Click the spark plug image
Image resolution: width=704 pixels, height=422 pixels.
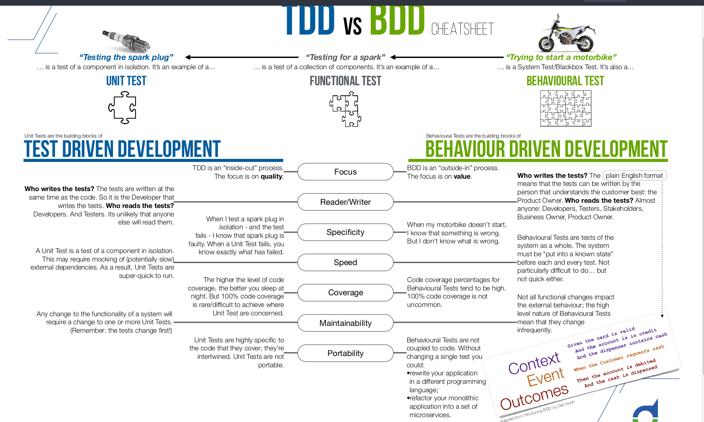coord(126,41)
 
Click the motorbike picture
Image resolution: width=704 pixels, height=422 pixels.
coord(567,33)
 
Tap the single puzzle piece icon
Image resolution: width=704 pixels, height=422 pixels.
coord(122,107)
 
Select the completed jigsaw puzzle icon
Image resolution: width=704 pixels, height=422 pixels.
coord(566,108)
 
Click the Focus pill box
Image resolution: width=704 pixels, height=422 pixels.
coord(346,172)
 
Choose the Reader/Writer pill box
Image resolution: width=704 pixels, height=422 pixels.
coord(346,202)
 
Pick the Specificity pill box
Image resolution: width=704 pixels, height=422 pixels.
coord(346,232)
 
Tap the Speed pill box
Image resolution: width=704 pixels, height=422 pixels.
coord(346,262)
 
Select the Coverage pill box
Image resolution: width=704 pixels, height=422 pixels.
coord(346,292)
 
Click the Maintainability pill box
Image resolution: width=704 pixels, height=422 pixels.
coord(346,323)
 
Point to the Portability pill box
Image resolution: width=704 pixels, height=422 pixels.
coord(346,353)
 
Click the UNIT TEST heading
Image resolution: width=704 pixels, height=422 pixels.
coord(126,81)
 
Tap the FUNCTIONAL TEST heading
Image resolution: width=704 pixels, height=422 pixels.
coord(346,81)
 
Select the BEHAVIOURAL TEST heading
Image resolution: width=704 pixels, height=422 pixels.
coord(565,81)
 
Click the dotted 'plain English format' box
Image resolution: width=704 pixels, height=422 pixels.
coord(634,175)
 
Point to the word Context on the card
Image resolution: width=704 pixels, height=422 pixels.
coord(534,363)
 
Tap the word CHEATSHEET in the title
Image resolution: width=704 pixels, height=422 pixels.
coord(463,29)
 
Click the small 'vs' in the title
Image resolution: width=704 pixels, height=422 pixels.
coord(352,27)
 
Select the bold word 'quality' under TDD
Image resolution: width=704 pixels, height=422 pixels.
coord(272,177)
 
